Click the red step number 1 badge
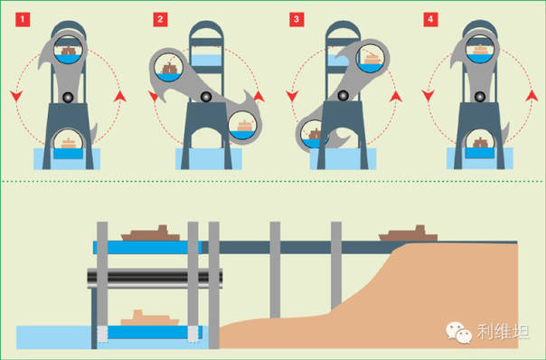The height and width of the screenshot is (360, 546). point(23,20)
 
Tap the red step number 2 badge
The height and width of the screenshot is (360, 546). point(160,20)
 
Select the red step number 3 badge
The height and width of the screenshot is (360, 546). point(297,20)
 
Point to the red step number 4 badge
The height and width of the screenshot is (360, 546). point(430,20)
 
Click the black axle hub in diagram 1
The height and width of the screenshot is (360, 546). point(68,97)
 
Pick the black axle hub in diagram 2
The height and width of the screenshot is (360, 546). point(206,96)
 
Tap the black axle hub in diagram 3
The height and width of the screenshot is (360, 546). point(343,95)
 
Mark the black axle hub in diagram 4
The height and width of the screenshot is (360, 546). point(480,97)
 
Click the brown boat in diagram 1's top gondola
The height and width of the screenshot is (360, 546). point(69,51)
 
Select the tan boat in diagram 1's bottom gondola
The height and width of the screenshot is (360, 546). point(69,144)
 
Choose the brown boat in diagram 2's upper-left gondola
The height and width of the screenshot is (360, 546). point(169,69)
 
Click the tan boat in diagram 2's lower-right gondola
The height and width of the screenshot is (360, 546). point(244,126)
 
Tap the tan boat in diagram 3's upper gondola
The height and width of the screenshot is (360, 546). point(372,59)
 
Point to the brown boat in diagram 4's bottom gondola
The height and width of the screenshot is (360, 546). point(480,143)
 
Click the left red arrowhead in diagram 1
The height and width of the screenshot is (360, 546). point(16,96)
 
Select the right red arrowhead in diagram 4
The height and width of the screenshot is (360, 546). point(532,95)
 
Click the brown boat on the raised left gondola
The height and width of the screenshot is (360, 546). point(150,233)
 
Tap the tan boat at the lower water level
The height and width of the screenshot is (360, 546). point(150,317)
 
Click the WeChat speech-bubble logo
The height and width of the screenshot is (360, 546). point(458,332)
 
